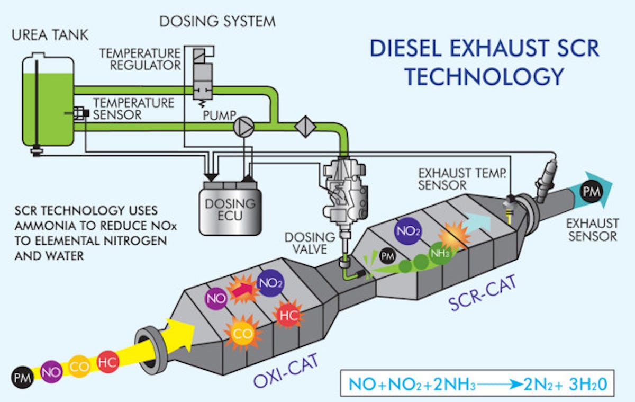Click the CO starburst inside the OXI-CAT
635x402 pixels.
(242, 334)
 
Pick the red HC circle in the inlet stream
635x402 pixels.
(108, 363)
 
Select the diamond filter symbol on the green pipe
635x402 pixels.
(305, 126)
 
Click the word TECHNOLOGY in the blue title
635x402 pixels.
(484, 77)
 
